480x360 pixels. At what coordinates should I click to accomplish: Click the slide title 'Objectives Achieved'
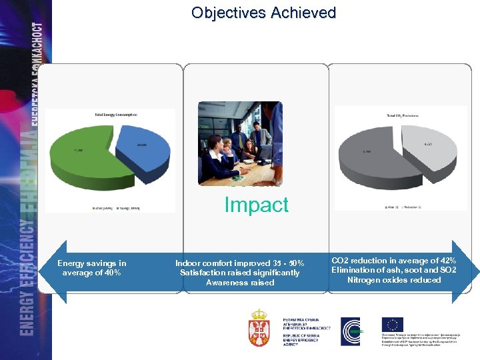coord(263,13)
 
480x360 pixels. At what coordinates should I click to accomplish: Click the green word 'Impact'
coord(257,205)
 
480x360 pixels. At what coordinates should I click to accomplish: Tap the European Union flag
coord(393,325)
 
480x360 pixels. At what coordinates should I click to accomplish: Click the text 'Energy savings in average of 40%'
coord(91,268)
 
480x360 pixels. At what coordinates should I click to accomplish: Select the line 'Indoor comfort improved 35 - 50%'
coord(239,263)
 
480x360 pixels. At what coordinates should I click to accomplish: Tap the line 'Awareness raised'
coord(239,283)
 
